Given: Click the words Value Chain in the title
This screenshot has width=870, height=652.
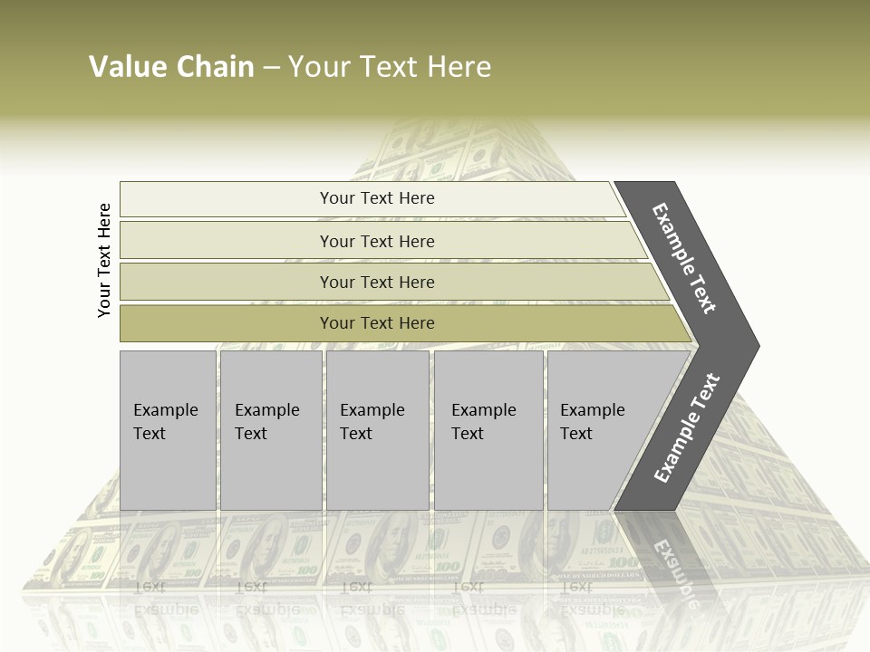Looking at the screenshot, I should coord(171,67).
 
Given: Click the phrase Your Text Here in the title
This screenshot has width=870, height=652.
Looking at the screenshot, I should coord(390,67).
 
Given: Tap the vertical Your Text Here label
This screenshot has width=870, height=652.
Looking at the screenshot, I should coord(104,260).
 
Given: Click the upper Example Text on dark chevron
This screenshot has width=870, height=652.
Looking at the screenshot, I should coord(684,259).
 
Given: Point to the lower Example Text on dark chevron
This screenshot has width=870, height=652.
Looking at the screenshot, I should coord(686,428).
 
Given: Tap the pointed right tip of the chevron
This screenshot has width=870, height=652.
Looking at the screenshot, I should coord(755,346).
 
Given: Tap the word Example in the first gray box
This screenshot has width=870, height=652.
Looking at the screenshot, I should coord(165,410).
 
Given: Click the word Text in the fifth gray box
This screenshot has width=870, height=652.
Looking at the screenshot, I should coord(576,434).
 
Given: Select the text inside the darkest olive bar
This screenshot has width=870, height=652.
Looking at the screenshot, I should coord(377,323).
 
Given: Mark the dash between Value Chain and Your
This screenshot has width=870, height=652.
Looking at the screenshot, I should coord(271,68).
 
